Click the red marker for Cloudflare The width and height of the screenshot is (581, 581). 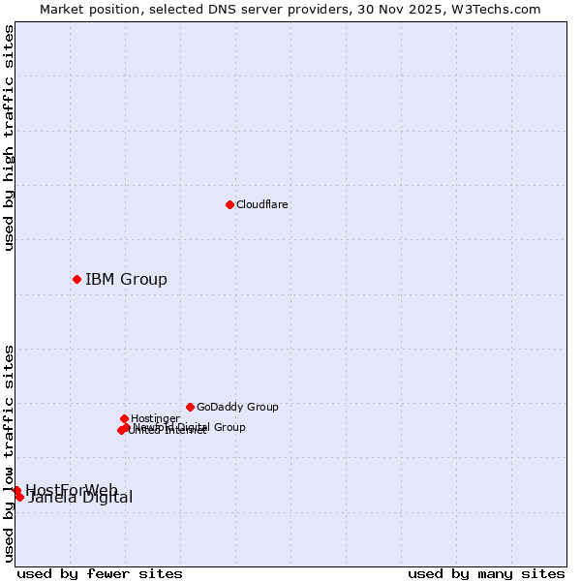(229, 204)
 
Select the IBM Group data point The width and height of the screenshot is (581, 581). (76, 279)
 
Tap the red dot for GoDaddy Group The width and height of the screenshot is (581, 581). (190, 407)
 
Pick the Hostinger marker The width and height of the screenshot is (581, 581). (124, 418)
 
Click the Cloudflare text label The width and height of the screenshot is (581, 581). (261, 204)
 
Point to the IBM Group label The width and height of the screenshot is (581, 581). (126, 280)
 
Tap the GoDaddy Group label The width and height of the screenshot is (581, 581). (237, 407)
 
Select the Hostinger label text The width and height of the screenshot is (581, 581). (155, 418)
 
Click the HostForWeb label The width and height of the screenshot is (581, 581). (72, 489)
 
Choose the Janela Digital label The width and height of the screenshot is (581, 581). (80, 498)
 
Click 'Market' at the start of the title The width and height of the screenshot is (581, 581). (61, 9)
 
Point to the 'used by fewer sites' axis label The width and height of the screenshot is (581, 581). (100, 573)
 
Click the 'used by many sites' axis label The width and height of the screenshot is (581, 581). (486, 573)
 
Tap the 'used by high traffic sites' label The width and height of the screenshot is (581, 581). (9, 138)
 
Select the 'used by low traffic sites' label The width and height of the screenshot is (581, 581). (9, 452)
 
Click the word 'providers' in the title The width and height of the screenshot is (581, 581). (333, 9)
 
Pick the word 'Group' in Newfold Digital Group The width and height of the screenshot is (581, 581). (229, 427)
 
